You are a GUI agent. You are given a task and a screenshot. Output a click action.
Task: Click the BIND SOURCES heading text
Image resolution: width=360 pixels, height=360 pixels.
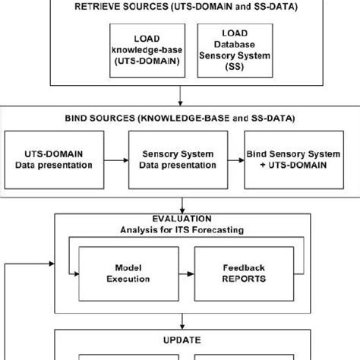coord(180,118)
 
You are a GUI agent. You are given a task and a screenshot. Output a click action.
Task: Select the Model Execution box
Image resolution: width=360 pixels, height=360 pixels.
coord(127,273)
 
